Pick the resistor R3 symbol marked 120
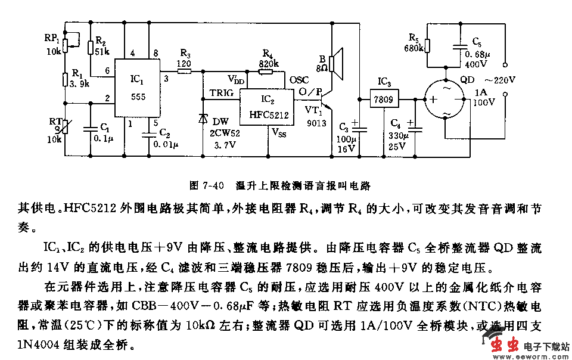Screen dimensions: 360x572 coord(185,71)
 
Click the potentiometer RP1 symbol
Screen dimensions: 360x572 coord(64,41)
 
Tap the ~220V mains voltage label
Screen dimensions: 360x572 coord(500,79)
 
